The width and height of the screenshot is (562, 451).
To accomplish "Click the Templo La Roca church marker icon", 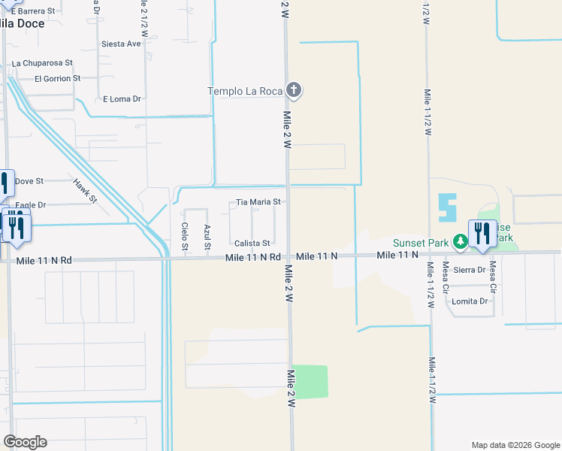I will (294, 91).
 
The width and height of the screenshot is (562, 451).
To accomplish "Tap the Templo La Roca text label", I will (245, 92).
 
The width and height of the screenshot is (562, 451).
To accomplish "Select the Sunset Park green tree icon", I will (460, 242).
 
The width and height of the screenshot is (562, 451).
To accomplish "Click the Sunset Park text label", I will (421, 243).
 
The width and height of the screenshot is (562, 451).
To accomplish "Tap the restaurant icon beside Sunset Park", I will (482, 234).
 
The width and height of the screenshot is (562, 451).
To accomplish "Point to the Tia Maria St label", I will (258, 202).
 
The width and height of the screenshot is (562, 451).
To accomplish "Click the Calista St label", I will (252, 244).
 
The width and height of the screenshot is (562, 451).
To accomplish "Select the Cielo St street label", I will (185, 236).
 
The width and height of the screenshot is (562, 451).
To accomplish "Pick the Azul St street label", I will (207, 236).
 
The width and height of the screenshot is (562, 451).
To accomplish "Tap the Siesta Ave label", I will (121, 44).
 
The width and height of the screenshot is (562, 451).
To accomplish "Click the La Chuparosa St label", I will (42, 63).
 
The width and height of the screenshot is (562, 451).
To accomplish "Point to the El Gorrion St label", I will (57, 78).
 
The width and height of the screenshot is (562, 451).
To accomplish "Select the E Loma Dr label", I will (122, 98).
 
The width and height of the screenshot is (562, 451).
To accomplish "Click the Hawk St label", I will (85, 190).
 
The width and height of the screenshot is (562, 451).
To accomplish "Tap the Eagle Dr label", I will (30, 204).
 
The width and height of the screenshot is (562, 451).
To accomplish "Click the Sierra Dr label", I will (470, 270).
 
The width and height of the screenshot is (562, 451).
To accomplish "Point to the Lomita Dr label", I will (470, 301).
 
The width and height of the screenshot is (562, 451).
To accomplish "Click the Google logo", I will (25, 442).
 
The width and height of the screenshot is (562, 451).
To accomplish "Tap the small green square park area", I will (310, 382).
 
